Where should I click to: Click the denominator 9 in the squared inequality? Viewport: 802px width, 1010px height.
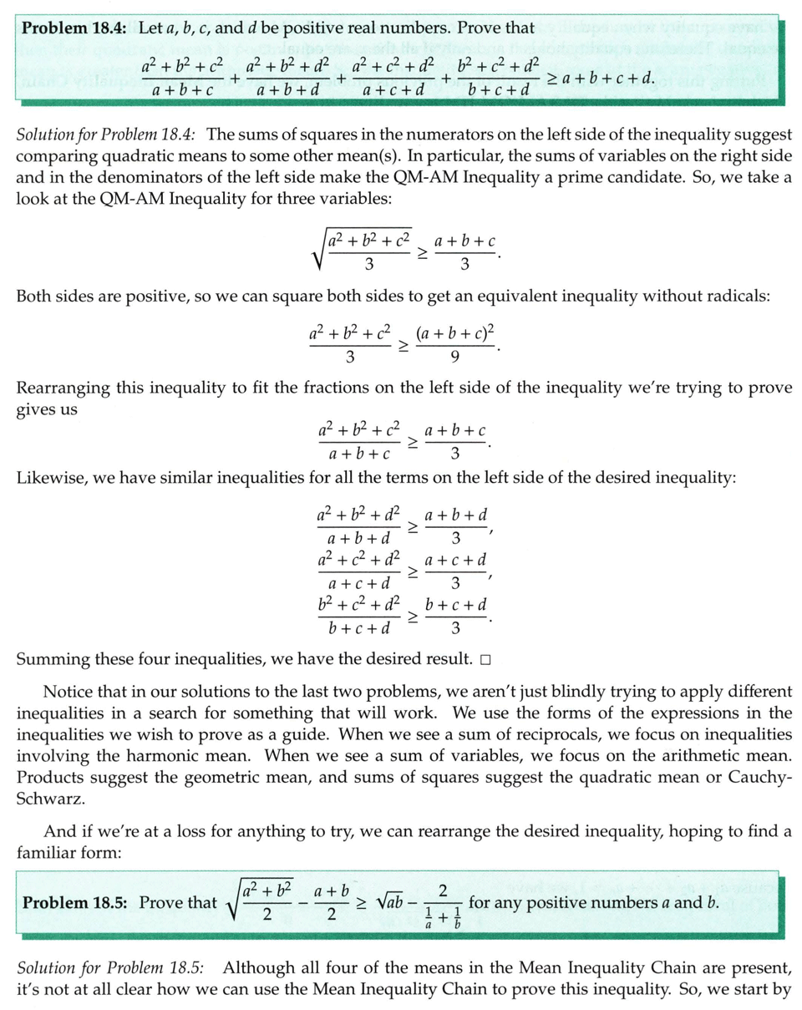pyautogui.click(x=454, y=358)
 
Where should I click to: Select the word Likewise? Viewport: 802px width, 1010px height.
pyautogui.click(x=48, y=481)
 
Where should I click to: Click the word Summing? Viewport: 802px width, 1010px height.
pyautogui.click(x=52, y=660)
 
